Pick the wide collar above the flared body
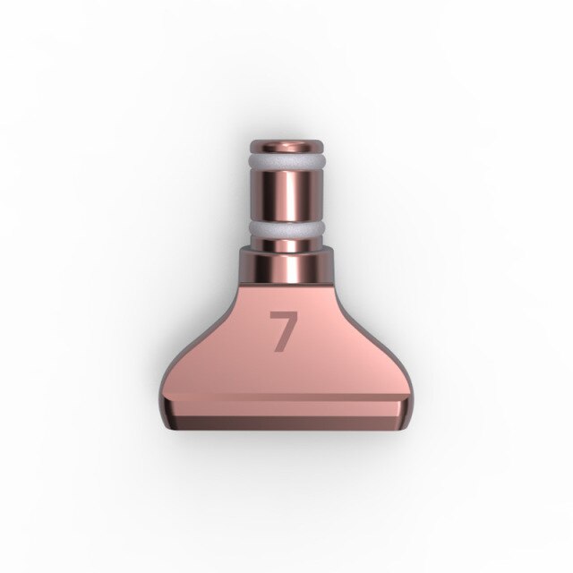point(286,265)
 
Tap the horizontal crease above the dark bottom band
point(286,396)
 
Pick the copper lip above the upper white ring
point(286,150)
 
